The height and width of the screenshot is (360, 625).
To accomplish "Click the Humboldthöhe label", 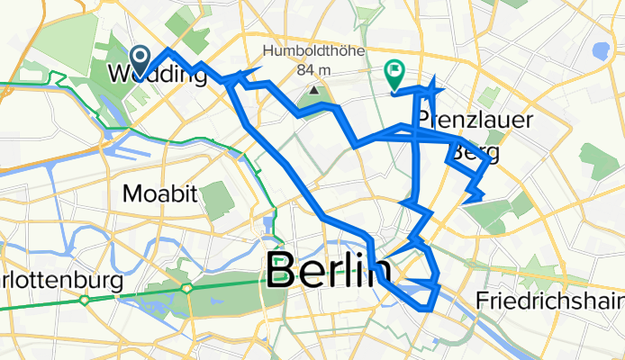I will coord(313,51).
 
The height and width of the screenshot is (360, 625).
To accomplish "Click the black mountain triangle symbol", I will coord(314,90).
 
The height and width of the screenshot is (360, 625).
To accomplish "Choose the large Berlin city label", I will coord(329,271).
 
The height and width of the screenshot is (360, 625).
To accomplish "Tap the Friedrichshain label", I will coord(547,300).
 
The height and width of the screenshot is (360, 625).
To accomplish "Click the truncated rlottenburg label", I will coord(61,281).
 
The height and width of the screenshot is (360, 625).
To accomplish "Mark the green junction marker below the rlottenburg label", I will coord(84,300).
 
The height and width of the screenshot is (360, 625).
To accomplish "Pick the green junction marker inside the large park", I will coord(187,289).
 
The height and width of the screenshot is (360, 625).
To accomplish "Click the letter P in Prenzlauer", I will coord(423,121).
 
